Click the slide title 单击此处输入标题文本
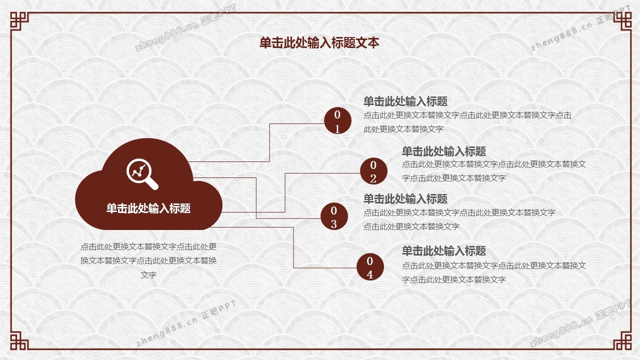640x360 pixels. pyautogui.click(x=319, y=43)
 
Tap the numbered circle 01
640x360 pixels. pyautogui.click(x=337, y=120)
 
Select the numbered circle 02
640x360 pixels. pyautogui.click(x=373, y=171)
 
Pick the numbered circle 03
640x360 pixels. pyautogui.click(x=334, y=216)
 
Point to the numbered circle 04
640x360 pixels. pyautogui.click(x=370, y=267)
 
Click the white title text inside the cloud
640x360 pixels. pyautogui.click(x=148, y=208)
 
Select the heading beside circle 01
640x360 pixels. pyautogui.click(x=405, y=101)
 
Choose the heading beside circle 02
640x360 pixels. pyautogui.click(x=444, y=151)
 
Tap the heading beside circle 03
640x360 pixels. pyautogui.click(x=405, y=199)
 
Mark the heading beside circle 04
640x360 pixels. pyautogui.click(x=444, y=251)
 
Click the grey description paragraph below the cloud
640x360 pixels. pyautogui.click(x=148, y=260)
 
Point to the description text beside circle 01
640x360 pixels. pyautogui.click(x=467, y=122)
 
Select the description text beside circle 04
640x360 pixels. pyautogui.click(x=494, y=272)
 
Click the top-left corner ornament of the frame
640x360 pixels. pyautogui.click(x=19, y=21)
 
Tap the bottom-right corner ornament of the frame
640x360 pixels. pyautogui.click(x=622, y=340)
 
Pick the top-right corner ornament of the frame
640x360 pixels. pyautogui.click(x=622, y=21)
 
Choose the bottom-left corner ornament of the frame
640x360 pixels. pyautogui.click(x=19, y=340)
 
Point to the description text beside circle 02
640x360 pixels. pyautogui.click(x=494, y=171)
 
